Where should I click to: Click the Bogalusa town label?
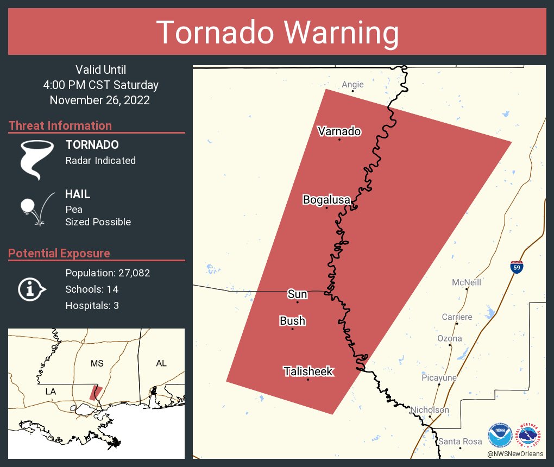pyautogui.click(x=326, y=200)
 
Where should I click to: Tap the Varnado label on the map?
pyautogui.click(x=339, y=131)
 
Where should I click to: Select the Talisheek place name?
pyautogui.click(x=308, y=371)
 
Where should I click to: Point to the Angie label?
pyautogui.click(x=352, y=84)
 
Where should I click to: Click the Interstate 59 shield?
pyautogui.click(x=517, y=267)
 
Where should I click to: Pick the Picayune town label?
pyautogui.click(x=439, y=377)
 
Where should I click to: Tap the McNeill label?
pyautogui.click(x=467, y=282)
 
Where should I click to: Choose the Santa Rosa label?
pyautogui.click(x=460, y=441)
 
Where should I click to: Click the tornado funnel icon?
pyautogui.click(x=36, y=159)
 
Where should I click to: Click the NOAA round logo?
pyautogui.click(x=500, y=435)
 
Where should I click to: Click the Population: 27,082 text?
pyautogui.click(x=108, y=273)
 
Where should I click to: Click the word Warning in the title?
pyautogui.click(x=337, y=33)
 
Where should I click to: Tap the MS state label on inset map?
pyautogui.click(x=97, y=363)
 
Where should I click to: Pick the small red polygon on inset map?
pyautogui.click(x=96, y=392)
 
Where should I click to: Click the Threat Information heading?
pyautogui.click(x=60, y=125)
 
